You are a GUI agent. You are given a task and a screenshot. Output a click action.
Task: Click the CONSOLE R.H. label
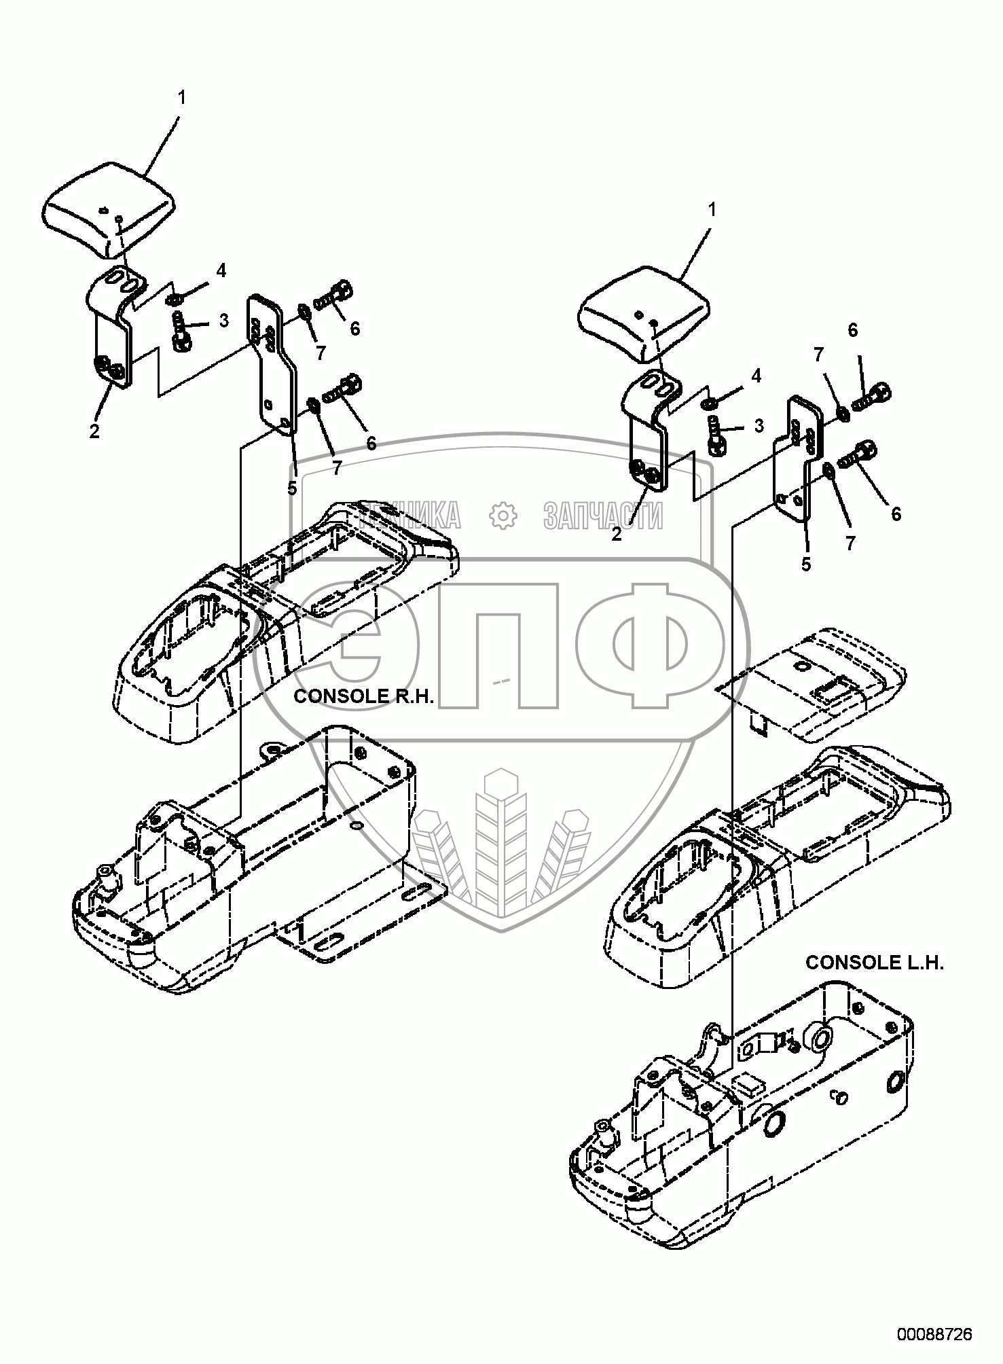pos(363,698)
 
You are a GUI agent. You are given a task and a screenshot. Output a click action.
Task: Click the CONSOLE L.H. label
pos(875,963)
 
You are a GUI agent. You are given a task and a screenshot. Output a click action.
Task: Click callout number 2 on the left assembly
pos(94,431)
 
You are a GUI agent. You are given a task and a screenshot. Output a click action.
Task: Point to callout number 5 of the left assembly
pos(292,487)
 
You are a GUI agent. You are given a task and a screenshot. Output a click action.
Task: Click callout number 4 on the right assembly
pos(756,376)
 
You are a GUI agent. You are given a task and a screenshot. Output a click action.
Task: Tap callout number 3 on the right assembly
pos(759,426)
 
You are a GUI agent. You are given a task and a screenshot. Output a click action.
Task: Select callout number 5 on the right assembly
pos(806,563)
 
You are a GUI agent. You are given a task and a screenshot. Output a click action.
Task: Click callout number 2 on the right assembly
pos(616,534)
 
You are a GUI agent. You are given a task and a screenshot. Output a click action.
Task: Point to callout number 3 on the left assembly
pos(223,320)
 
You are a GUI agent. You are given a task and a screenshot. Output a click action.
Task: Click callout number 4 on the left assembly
pos(221,270)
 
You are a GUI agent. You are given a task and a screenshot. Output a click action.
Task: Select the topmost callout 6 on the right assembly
pos(853,330)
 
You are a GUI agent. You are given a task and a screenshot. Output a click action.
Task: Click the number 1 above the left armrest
pos(181,98)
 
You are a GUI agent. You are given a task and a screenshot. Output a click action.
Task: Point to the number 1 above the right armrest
pos(712,211)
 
